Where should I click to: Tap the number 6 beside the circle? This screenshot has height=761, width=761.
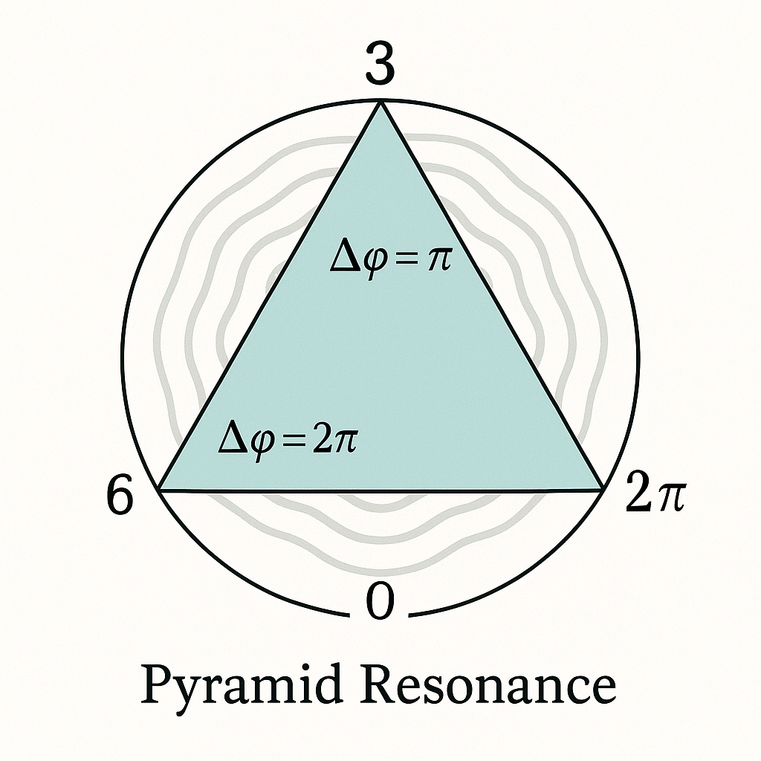[x=121, y=496]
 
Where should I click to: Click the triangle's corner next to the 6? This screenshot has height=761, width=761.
[x=160, y=489]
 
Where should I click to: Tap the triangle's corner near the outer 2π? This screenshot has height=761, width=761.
[x=600, y=489]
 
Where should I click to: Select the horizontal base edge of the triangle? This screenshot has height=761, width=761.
[x=380, y=490]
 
